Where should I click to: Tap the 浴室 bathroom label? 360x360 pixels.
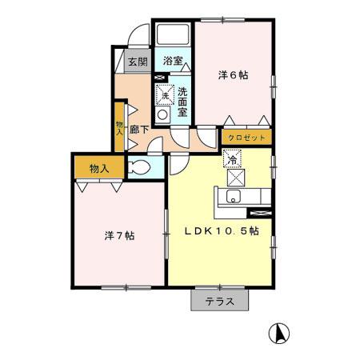(x=173, y=61)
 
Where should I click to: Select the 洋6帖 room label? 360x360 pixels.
(x=233, y=75)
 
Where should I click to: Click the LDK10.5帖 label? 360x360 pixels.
(x=222, y=231)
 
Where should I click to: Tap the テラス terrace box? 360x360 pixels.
(x=219, y=302)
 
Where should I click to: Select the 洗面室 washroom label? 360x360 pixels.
(x=182, y=102)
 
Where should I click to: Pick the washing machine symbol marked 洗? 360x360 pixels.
(x=164, y=94)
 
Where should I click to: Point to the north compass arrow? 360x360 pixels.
(x=281, y=330)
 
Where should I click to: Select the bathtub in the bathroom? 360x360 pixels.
(x=171, y=35)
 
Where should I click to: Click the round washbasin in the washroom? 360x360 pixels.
(x=163, y=114)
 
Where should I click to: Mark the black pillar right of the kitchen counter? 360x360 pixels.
(x=261, y=213)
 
